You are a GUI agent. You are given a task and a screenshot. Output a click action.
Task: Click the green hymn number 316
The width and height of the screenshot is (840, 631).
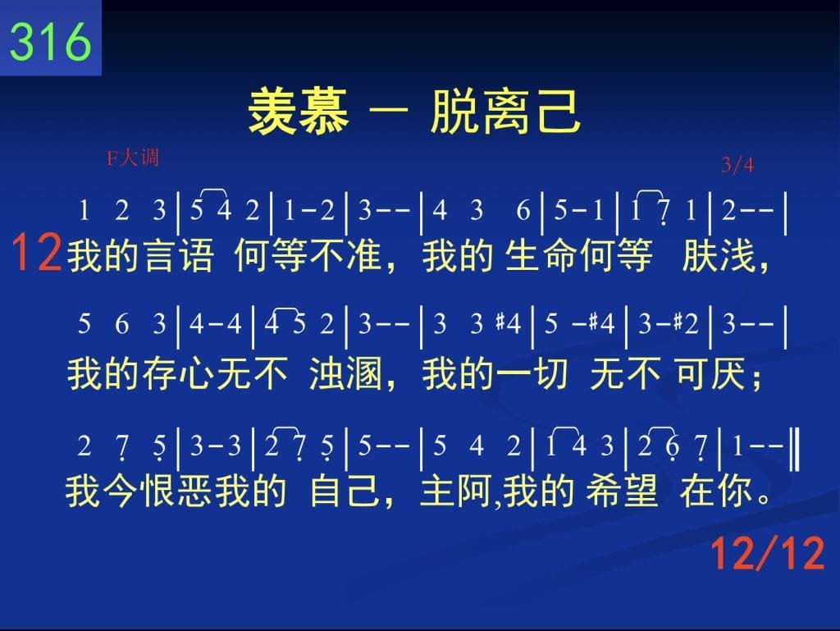coord(50,41)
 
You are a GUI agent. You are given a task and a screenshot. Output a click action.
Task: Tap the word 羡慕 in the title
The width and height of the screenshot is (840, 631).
coord(299,112)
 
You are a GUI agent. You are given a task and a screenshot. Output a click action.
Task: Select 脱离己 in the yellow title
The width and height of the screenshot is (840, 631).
coord(505,112)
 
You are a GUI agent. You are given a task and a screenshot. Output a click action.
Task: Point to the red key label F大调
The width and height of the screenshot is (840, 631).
coord(132,158)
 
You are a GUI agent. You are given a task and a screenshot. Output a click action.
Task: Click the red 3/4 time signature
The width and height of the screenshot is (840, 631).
coord(737,164)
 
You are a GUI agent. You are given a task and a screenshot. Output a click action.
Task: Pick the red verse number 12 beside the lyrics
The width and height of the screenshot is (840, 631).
coord(36,252)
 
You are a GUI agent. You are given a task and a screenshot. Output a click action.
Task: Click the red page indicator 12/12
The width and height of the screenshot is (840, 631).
coord(767,553)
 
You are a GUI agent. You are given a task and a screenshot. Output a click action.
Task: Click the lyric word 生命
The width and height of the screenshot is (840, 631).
coord(541,255)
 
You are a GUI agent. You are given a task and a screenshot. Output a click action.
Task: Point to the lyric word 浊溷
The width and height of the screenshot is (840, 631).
coord(345,373)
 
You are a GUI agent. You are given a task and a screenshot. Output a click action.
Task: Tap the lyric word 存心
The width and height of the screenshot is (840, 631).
coord(178,373)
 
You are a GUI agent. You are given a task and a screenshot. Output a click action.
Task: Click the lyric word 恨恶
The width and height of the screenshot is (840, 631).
coord(176,491)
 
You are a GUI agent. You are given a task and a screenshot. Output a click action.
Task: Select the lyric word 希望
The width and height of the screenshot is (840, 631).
coord(622,491)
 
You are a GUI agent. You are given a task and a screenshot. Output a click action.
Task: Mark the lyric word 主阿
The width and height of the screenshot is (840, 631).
coord(456,491)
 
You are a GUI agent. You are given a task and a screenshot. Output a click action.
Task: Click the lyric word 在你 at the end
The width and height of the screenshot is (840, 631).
coord(715,491)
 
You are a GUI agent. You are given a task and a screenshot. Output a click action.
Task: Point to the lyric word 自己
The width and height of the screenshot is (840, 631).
coord(345,491)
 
